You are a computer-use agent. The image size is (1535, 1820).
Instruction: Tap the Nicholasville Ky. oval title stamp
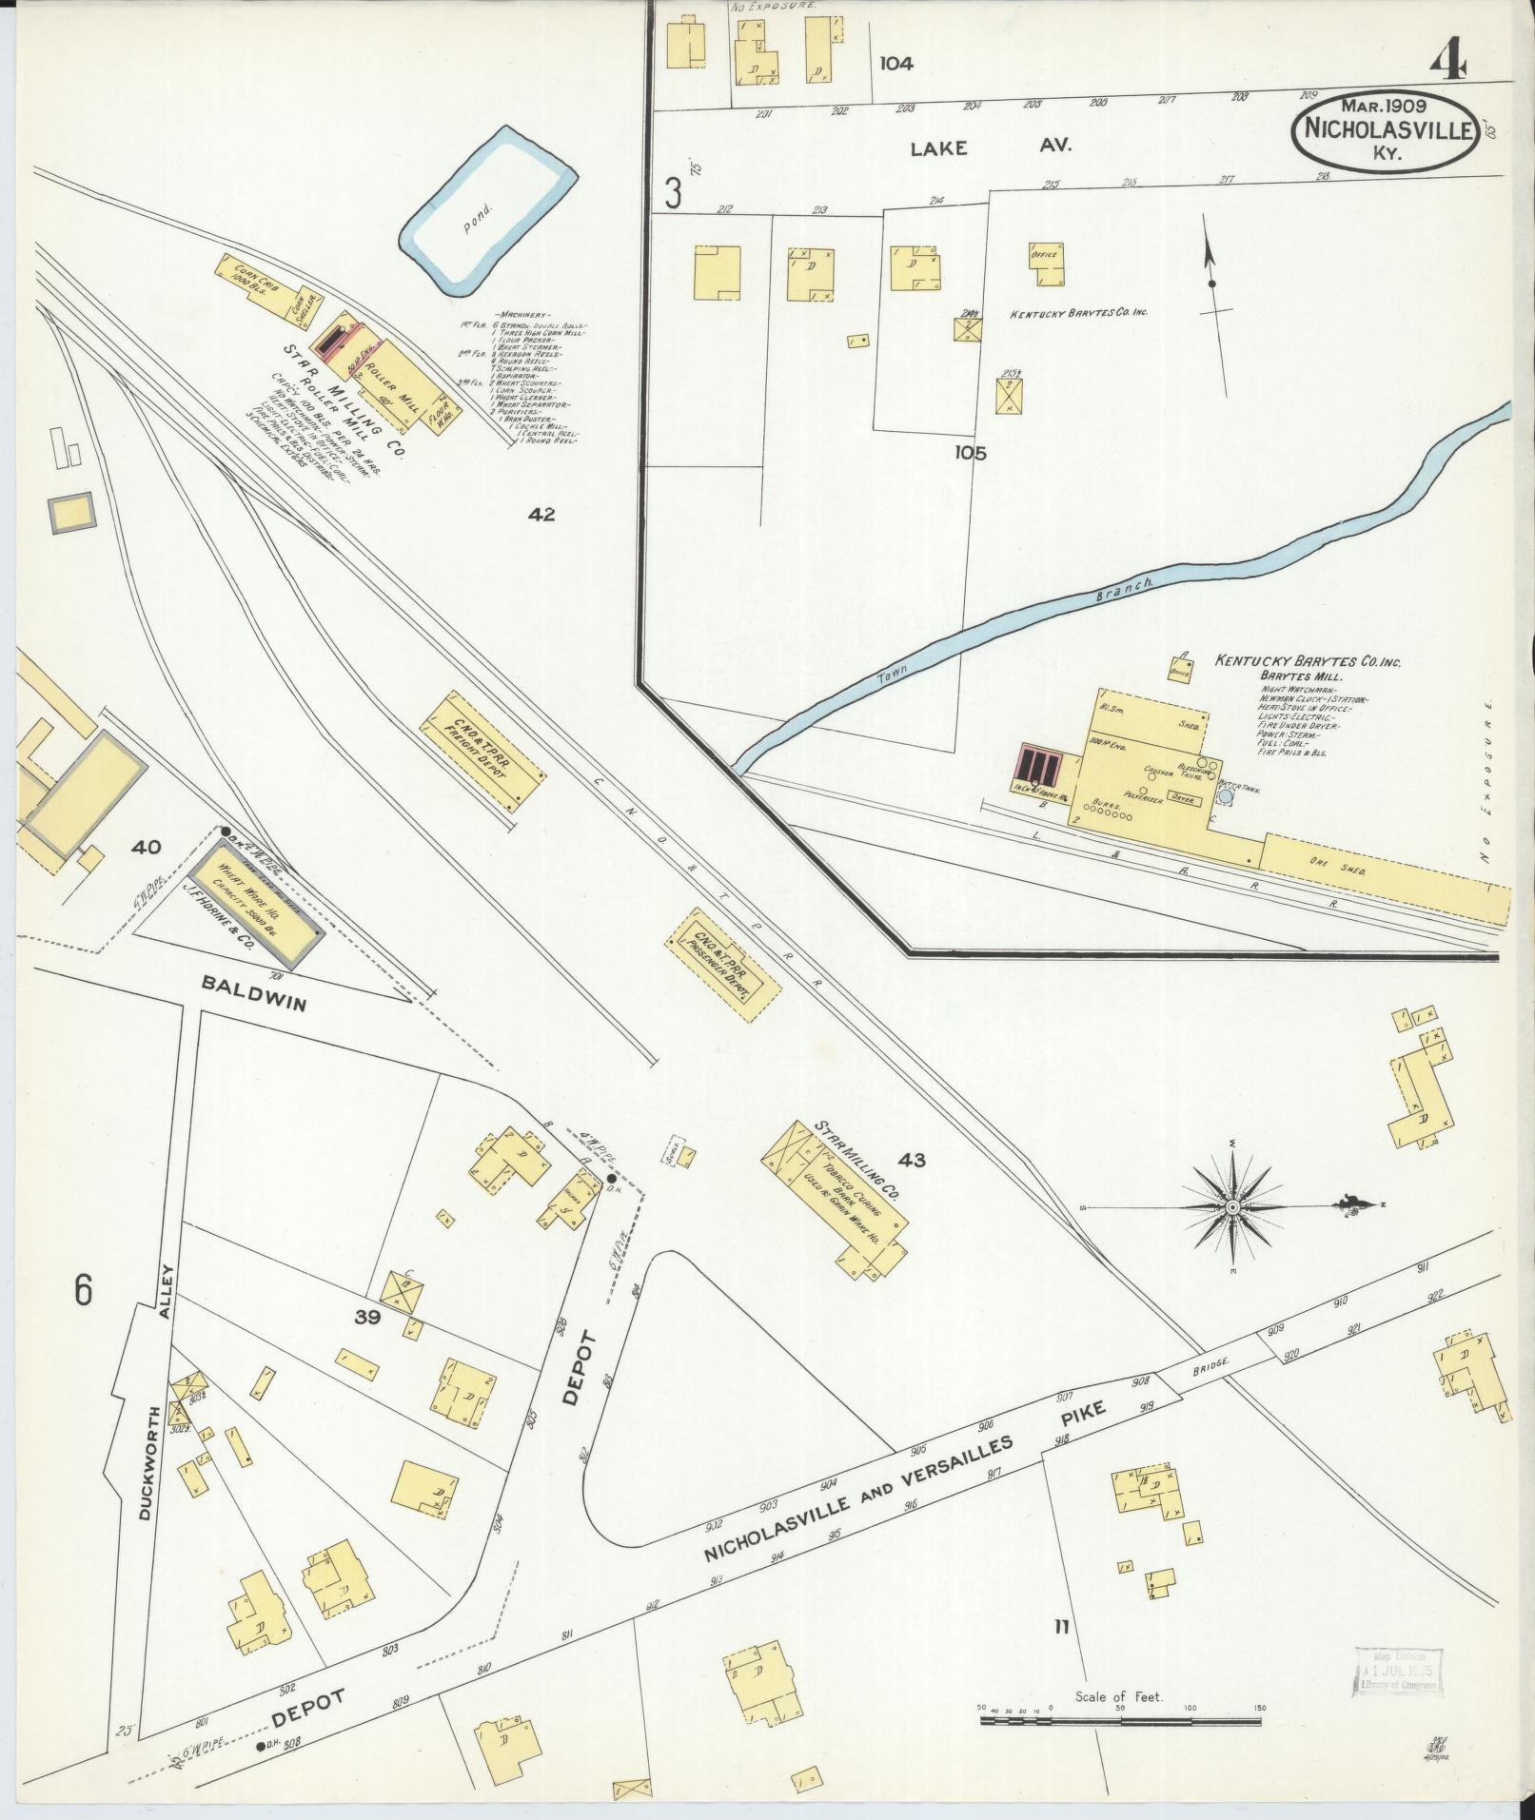pos(1384,131)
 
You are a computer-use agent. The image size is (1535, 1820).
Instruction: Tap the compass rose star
pos(1232,1207)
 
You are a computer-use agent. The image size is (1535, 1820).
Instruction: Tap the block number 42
pos(542,515)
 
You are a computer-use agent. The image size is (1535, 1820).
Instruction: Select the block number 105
pos(971,453)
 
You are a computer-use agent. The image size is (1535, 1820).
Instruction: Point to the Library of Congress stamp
pos(1397,1672)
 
